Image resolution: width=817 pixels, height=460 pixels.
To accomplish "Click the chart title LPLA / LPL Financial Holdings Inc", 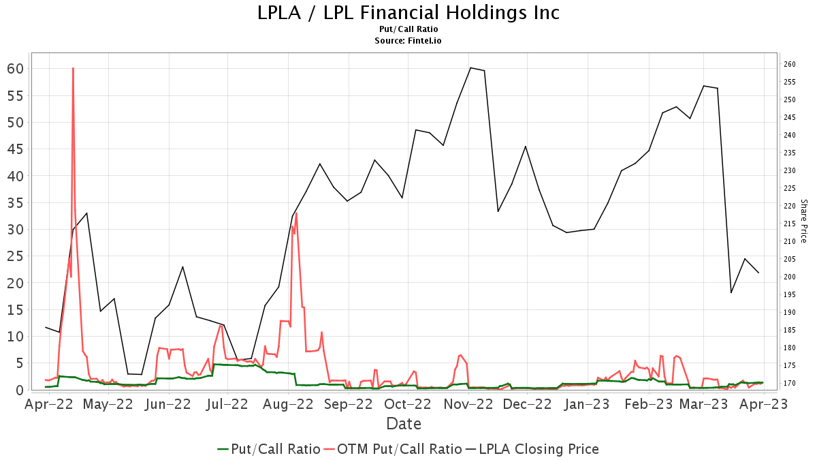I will click(x=408, y=13).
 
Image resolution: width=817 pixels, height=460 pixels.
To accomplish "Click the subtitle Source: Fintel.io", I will click(x=408, y=41).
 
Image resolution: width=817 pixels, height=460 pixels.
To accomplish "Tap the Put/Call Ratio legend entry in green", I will click(x=269, y=449).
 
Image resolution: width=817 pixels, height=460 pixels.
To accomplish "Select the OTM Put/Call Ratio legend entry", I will click(x=392, y=449).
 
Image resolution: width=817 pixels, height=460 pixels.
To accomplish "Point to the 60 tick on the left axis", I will click(x=16, y=69).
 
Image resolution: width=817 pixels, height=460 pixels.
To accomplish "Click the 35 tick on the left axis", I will click(x=16, y=202).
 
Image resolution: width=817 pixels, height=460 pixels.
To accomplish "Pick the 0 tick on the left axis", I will click(x=20, y=390).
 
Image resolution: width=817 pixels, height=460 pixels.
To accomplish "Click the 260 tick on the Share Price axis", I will click(x=790, y=65).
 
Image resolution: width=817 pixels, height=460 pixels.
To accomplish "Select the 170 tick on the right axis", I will click(x=790, y=384).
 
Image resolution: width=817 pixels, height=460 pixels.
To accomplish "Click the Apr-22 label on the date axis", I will click(x=48, y=404).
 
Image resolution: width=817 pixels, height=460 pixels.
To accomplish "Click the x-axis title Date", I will click(x=404, y=424).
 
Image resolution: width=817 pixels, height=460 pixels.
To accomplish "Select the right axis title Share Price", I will click(x=803, y=221).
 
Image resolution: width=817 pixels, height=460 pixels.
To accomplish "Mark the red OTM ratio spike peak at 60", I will click(x=73, y=69).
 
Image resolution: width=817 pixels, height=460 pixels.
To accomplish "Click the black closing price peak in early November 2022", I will click(x=470, y=68).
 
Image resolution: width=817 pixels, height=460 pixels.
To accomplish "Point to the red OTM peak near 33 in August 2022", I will click(x=296, y=213).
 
